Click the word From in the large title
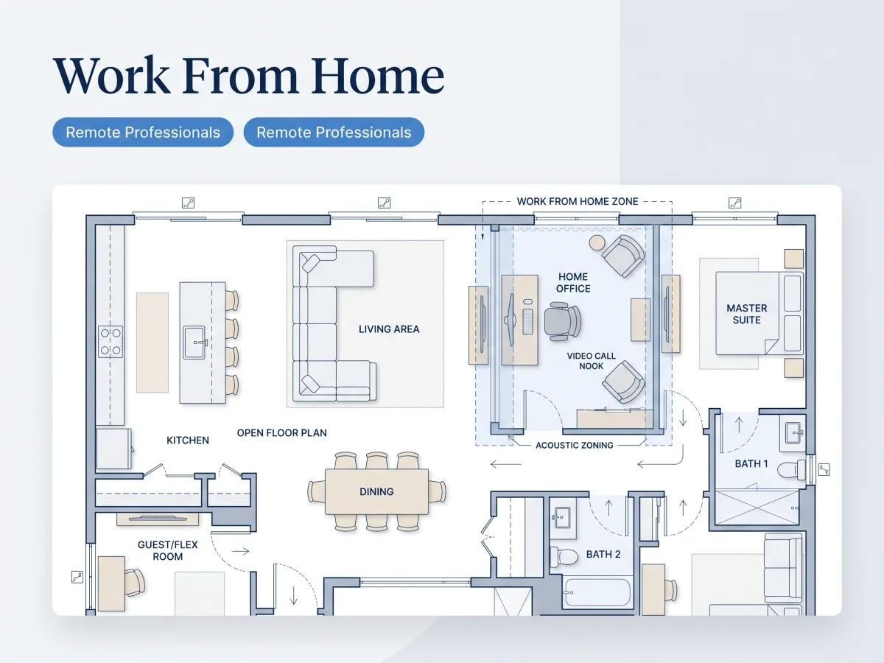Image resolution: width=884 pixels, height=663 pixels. [240, 75]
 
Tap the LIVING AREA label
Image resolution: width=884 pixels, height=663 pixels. [389, 329]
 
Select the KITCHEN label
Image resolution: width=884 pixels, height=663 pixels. [188, 441]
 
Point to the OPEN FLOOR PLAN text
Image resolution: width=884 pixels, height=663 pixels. [282, 433]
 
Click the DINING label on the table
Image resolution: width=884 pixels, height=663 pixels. [376, 491]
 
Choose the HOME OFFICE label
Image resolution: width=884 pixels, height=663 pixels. [573, 283]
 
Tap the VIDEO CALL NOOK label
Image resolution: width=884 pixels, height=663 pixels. [592, 361]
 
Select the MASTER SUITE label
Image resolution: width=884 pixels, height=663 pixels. [747, 314]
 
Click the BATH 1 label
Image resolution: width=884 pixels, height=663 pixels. [751, 464]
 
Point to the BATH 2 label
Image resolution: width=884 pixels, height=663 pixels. [603, 554]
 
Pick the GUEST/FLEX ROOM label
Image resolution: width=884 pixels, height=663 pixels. [167, 551]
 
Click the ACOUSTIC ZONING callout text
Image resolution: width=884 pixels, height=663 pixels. [575, 445]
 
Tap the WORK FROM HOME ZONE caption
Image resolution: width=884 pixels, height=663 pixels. [578, 201]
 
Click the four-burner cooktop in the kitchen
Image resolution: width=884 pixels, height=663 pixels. [110, 342]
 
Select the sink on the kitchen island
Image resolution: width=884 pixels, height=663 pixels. [195, 343]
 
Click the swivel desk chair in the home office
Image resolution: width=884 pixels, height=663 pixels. [562, 322]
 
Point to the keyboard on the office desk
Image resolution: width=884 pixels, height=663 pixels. [527, 321]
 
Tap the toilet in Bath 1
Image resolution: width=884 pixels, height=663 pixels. [790, 470]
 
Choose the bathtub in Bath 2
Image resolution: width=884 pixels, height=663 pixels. [597, 592]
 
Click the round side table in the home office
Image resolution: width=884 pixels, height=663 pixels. [597, 243]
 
